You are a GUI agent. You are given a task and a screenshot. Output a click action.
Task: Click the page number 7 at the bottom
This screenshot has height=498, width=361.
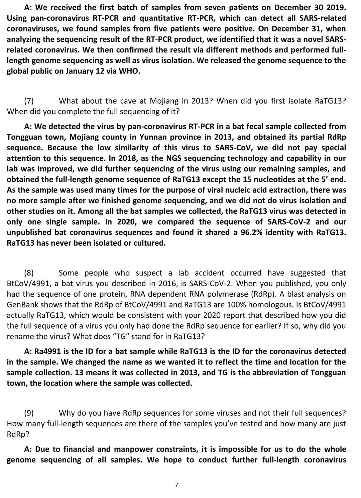click(x=176, y=485)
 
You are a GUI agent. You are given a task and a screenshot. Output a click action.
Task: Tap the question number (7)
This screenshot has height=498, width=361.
click(x=29, y=101)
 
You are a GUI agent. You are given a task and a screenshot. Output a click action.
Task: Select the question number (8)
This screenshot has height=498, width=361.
click(x=29, y=273)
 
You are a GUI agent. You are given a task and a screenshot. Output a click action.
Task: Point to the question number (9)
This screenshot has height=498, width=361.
click(x=29, y=413)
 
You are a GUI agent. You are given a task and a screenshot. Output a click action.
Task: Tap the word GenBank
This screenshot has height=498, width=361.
click(x=20, y=305)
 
